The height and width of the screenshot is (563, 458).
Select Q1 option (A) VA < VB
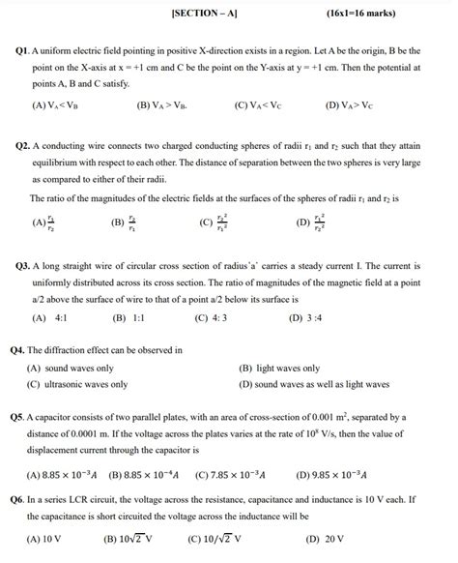(x=58, y=105)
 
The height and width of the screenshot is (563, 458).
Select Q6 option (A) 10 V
(x=47, y=539)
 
